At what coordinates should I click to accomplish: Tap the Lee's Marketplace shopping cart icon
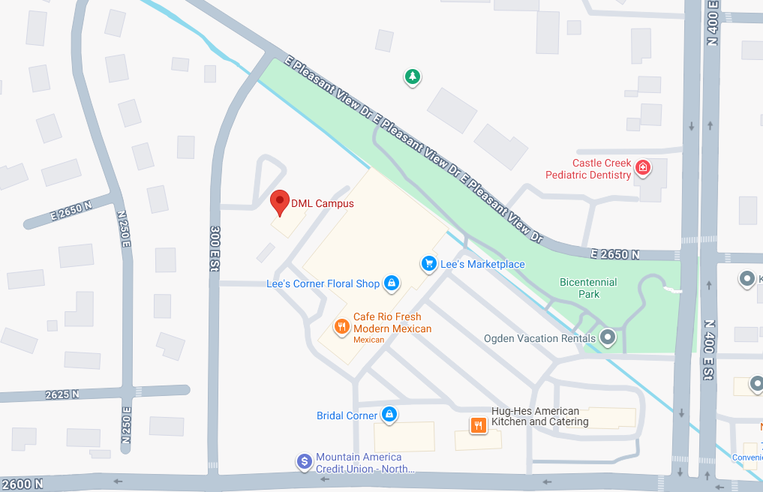[428, 263]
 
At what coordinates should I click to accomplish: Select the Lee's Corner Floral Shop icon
[391, 283]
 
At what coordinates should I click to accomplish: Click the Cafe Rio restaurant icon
[341, 326]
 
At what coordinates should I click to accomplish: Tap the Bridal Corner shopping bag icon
[389, 414]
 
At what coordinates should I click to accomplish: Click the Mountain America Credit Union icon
[304, 461]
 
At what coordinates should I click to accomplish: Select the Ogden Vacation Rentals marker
[608, 337]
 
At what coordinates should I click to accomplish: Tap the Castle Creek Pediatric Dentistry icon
[642, 167]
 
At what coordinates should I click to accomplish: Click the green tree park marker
[412, 76]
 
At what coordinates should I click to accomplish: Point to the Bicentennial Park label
[588, 288]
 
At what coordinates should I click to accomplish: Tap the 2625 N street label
[62, 394]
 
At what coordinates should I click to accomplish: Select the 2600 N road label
[22, 484]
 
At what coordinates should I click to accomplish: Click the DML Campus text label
[322, 203]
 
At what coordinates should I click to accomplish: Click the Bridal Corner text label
[347, 415]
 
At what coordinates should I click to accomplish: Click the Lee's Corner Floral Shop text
[323, 283]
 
